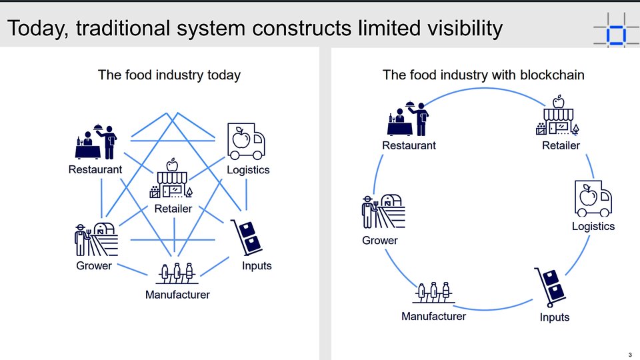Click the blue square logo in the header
pos(616,35)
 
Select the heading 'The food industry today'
pos(169,75)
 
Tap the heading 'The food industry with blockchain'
pos(483,75)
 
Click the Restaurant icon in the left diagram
pos(96,141)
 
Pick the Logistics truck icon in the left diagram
pos(246,141)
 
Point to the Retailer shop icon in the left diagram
pos(171,179)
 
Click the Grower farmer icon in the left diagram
pos(96,240)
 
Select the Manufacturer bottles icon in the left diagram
pos(177,273)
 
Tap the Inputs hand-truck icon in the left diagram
pos(247,237)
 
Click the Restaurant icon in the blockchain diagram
pos(408,119)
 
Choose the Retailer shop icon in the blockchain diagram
pos(557,115)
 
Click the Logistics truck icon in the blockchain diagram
pos(593,199)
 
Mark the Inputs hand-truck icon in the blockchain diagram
pos(550,287)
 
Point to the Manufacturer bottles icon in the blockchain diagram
pos(433,292)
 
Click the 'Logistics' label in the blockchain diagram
pos(593,226)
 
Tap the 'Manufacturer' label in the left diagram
pos(177,295)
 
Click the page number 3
pos(630,355)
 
